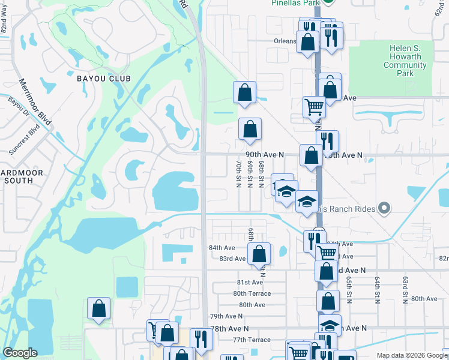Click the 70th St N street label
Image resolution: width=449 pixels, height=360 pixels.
239,173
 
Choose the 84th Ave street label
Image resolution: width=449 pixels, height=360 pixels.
221,248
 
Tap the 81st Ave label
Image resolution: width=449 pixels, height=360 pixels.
250,283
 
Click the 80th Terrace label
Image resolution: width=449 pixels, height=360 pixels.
252,293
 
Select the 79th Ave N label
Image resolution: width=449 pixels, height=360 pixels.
225,316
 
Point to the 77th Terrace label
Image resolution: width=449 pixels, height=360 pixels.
252,340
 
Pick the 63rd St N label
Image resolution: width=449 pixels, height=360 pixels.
405,289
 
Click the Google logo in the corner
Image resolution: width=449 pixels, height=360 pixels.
20,353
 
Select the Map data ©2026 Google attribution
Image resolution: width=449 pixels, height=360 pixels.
411,355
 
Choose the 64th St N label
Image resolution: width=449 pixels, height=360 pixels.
378,289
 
